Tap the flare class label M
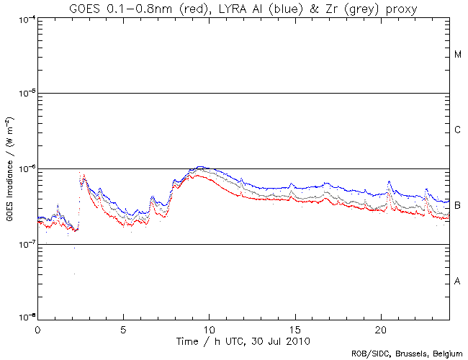[x=458, y=55]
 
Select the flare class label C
[x=458, y=130]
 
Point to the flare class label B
[x=458, y=206]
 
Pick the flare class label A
[x=458, y=282]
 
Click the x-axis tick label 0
[x=37, y=329]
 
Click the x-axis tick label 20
[x=380, y=329]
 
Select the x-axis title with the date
[x=243, y=340]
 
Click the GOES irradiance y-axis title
[x=9, y=168]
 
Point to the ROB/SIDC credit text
[x=408, y=354]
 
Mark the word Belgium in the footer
[x=447, y=354]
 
